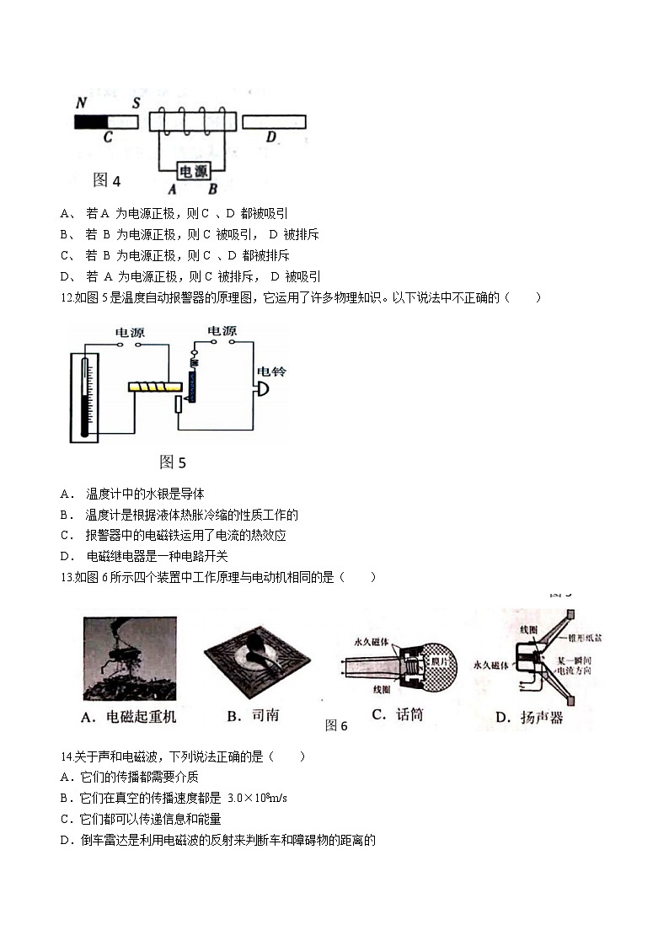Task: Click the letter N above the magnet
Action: pos(82,103)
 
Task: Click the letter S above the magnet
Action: pos(136,103)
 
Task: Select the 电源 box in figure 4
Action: pos(194,171)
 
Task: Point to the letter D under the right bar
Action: pos(270,138)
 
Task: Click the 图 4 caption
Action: pos(107,180)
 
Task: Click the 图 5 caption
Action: pos(172,462)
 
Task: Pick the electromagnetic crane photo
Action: pos(130,659)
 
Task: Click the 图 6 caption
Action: pos(335,725)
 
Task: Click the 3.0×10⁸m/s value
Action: pos(258,798)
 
